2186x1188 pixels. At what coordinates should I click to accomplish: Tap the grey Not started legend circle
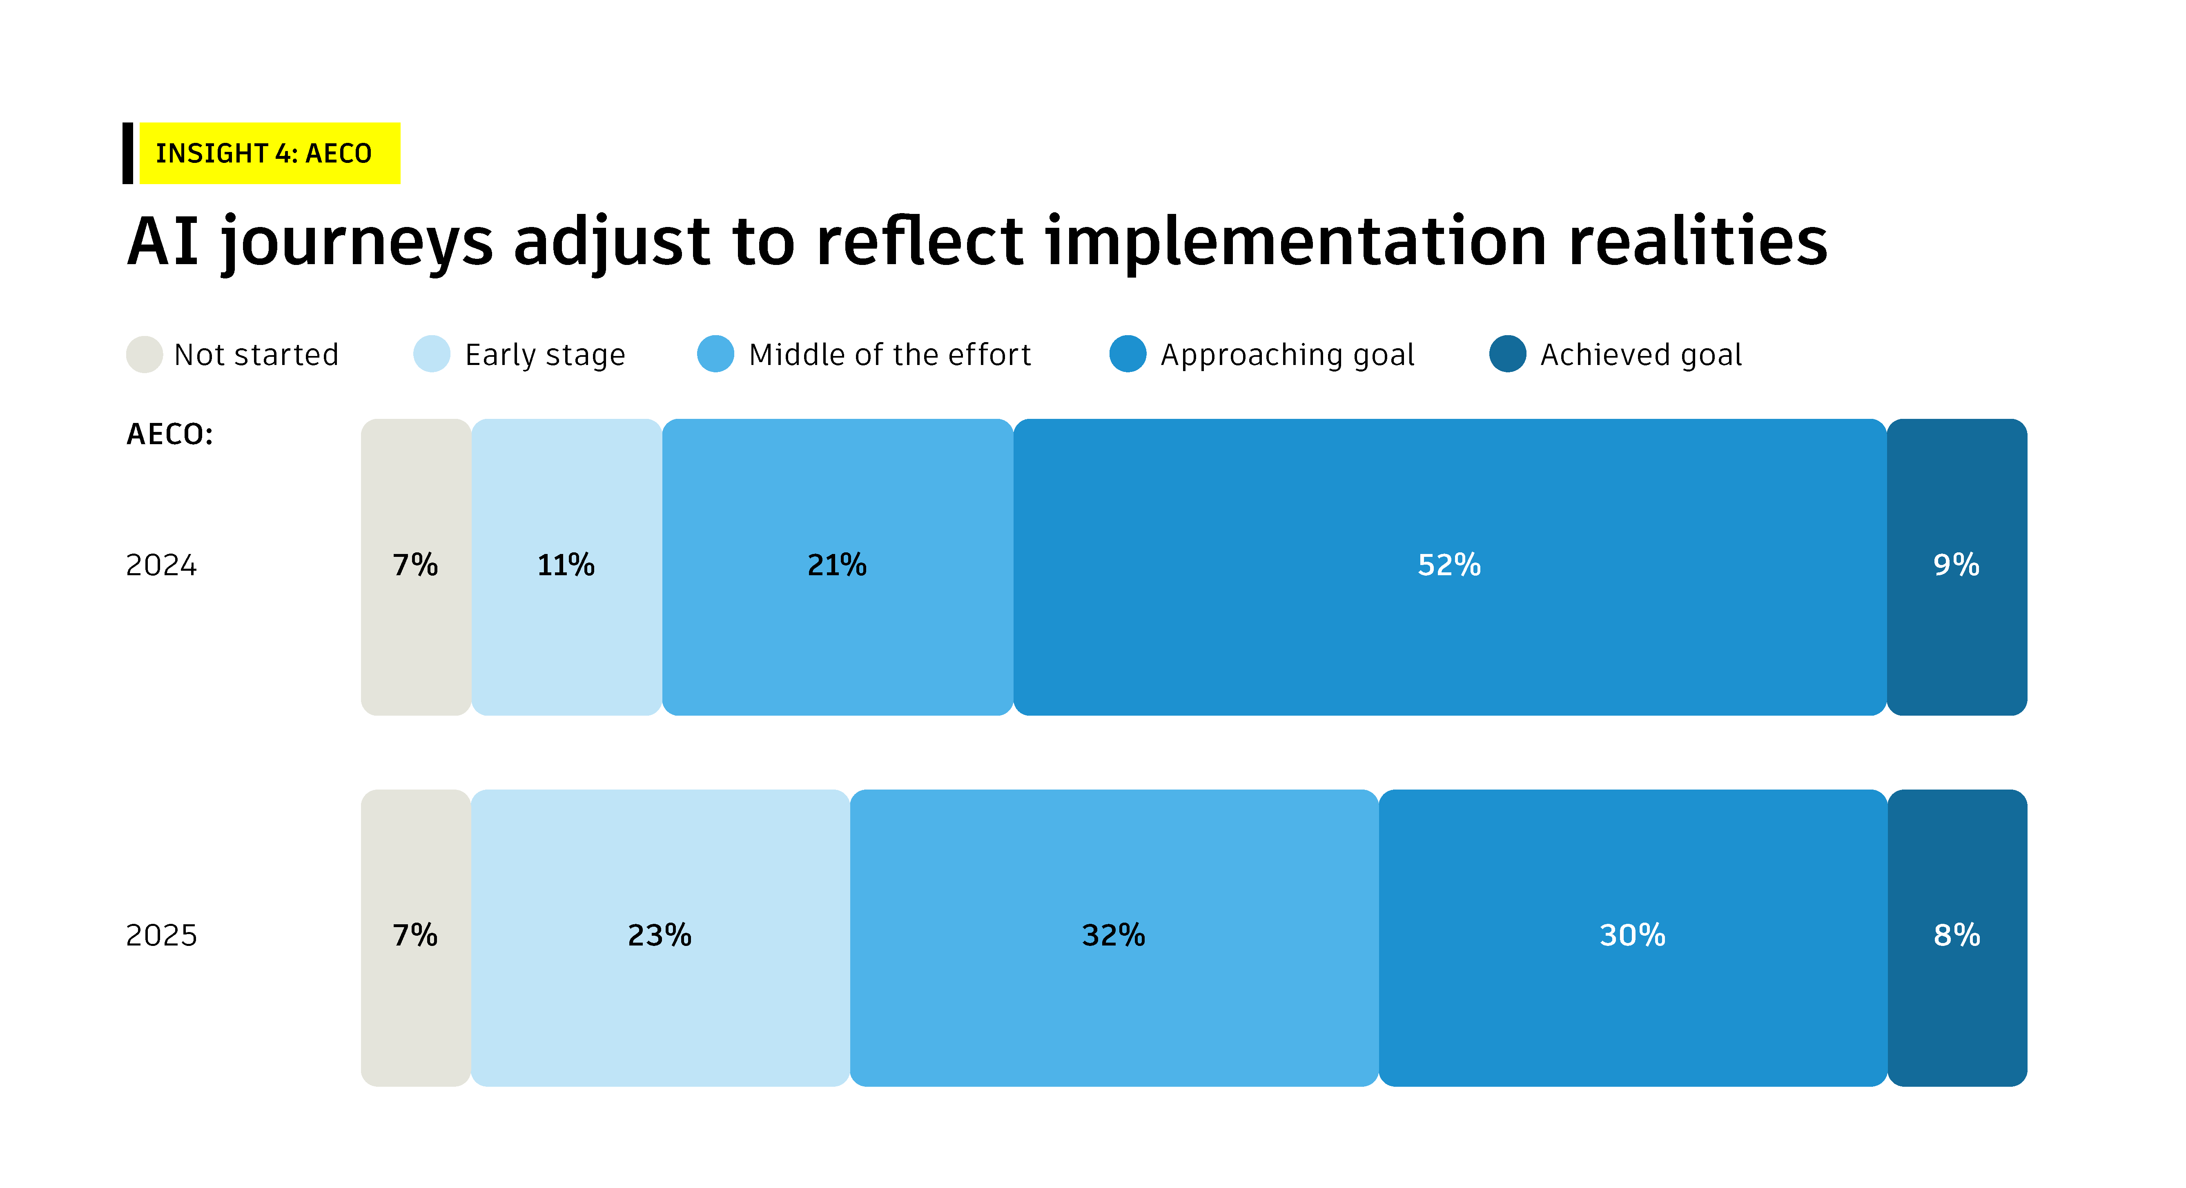144,355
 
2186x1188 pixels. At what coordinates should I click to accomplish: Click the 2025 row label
161,935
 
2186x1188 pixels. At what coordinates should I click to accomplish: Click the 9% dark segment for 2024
1957,567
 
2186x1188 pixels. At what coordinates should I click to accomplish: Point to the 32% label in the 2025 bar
1113,935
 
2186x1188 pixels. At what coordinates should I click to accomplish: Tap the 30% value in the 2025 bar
1633,935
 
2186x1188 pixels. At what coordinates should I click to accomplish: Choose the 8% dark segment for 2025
1957,938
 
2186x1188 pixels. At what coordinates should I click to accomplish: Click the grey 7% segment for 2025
416,938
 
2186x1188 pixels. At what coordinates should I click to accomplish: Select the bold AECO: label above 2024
170,434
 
